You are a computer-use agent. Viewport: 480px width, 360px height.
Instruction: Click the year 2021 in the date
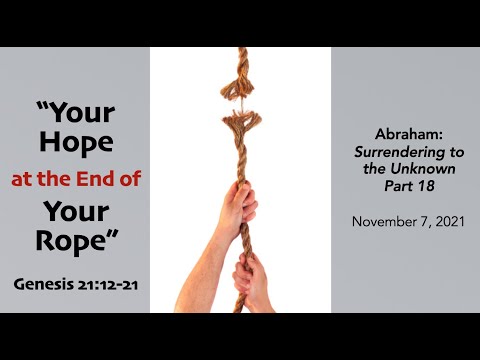(x=445, y=221)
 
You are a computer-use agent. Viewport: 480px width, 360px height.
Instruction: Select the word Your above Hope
(x=73, y=112)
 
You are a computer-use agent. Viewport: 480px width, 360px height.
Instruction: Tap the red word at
(x=23, y=181)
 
